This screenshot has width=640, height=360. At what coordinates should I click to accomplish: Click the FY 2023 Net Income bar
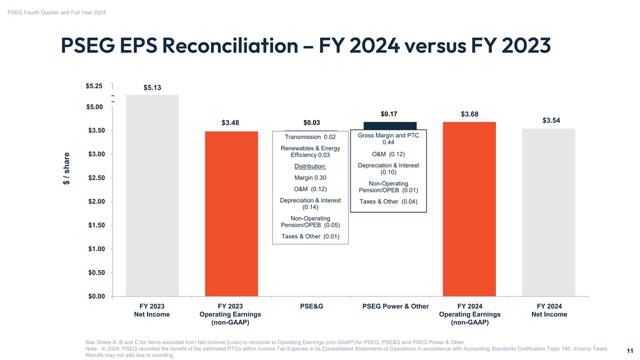(x=152, y=195)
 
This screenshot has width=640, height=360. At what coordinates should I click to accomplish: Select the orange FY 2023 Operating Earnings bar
(x=231, y=213)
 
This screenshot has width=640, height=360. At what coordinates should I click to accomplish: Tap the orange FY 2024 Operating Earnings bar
(x=469, y=209)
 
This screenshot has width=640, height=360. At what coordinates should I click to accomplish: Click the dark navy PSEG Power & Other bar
(x=390, y=125)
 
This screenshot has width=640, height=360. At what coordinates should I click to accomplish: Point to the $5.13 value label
(x=152, y=88)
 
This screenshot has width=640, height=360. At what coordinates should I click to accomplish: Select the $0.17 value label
(x=389, y=114)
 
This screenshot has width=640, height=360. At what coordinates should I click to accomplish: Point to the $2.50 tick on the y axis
(x=96, y=178)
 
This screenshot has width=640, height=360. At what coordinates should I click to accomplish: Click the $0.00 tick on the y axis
(x=96, y=296)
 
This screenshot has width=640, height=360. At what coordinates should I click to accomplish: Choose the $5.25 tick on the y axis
(x=96, y=86)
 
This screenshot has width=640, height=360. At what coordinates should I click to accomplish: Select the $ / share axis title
(x=67, y=169)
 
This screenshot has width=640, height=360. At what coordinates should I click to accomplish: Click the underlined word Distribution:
(x=310, y=166)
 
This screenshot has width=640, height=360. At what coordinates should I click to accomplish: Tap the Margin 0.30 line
(x=310, y=178)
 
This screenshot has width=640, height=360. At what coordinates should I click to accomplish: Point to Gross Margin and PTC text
(x=388, y=135)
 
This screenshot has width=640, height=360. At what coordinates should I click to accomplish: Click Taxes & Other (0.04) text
(x=388, y=202)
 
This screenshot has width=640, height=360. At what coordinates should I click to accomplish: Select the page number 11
(x=630, y=351)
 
